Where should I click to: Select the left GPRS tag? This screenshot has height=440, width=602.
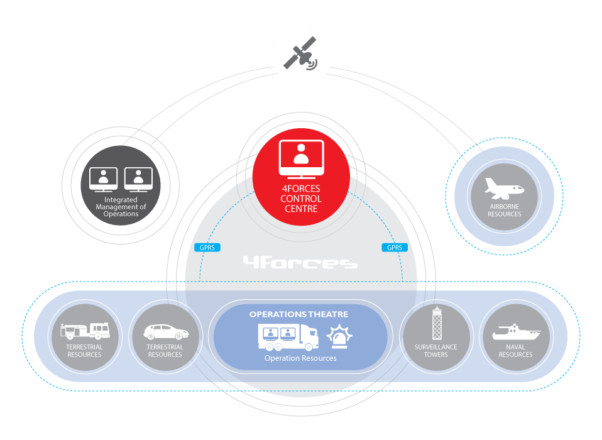click(206, 248)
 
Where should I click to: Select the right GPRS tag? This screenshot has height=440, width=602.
click(394, 248)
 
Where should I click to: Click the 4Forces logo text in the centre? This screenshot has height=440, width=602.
click(300, 262)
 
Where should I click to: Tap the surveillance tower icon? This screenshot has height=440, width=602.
click(436, 324)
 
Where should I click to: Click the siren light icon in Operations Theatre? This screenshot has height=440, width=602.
click(339, 337)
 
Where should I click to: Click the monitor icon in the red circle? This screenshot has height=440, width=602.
click(301, 158)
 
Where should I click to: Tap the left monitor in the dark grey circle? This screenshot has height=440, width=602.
click(103, 180)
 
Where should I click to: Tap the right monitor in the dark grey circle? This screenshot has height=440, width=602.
click(138, 180)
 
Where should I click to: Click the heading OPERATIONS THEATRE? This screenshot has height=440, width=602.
click(298, 314)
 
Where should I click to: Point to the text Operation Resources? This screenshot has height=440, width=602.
click(300, 358)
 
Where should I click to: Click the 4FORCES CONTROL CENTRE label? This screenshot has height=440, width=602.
click(301, 199)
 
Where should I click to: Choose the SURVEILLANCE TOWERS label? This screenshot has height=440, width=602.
click(435, 351)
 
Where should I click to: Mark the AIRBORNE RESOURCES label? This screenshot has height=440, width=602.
click(504, 210)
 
